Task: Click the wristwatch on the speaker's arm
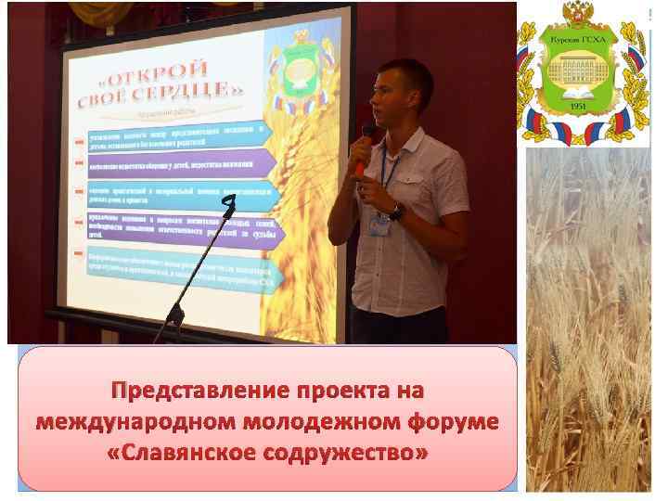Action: pos(396,212)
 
